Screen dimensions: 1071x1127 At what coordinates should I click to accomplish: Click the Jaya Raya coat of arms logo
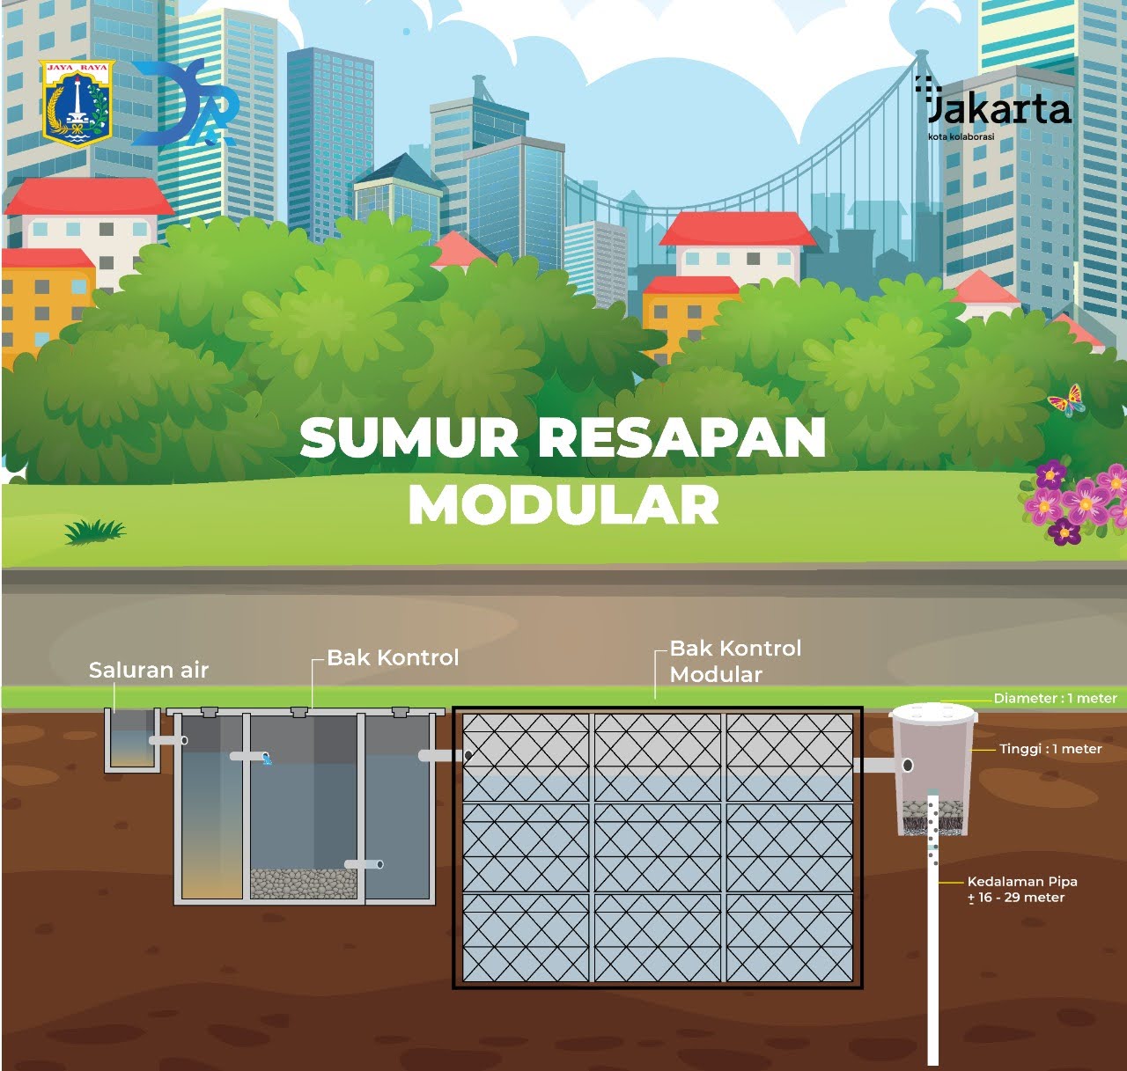(77, 103)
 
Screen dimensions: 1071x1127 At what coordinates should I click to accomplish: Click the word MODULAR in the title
(563, 505)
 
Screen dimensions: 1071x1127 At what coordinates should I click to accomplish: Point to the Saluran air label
(149, 671)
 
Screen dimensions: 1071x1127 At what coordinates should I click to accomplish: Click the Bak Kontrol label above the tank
(393, 657)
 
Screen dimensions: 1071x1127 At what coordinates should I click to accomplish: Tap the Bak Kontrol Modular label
(735, 661)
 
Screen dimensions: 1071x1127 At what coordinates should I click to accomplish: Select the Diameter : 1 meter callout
(1055, 698)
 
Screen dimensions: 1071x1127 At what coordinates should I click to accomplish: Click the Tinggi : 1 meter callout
(1050, 749)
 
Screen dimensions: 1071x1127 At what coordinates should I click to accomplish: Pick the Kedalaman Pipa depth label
(1021, 889)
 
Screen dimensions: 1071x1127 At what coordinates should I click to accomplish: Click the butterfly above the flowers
(1065, 400)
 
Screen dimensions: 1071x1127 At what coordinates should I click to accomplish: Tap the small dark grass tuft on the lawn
(94, 530)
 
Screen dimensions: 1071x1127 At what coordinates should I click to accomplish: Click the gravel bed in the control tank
(303, 883)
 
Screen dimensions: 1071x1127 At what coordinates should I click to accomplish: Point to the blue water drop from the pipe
(268, 759)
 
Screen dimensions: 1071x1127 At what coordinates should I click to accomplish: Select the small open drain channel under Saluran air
(132, 741)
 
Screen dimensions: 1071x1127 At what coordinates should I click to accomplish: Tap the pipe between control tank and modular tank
(440, 755)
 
